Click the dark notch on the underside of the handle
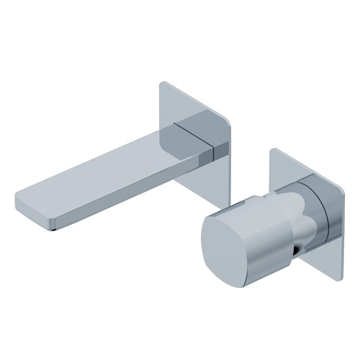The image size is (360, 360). (x=298, y=250)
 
